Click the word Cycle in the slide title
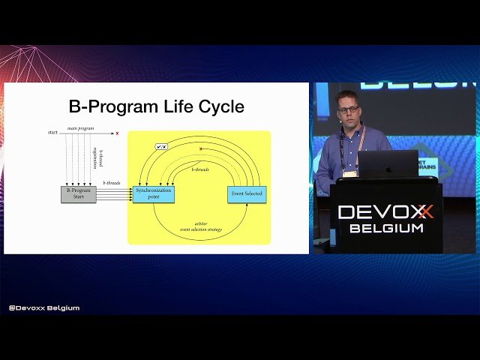pos(218,107)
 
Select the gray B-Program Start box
pos(79,194)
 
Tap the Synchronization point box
pos(154,193)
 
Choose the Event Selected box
pos(247,194)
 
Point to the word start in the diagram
pos(52,133)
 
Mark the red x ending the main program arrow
pos(117,133)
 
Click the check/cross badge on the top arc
pos(161,146)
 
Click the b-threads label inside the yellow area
pos(200,170)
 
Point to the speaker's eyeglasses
pos(348,109)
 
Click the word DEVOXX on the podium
pos(385,212)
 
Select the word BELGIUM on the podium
pos(385,228)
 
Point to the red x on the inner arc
pos(201,148)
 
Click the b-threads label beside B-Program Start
pos(111,182)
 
